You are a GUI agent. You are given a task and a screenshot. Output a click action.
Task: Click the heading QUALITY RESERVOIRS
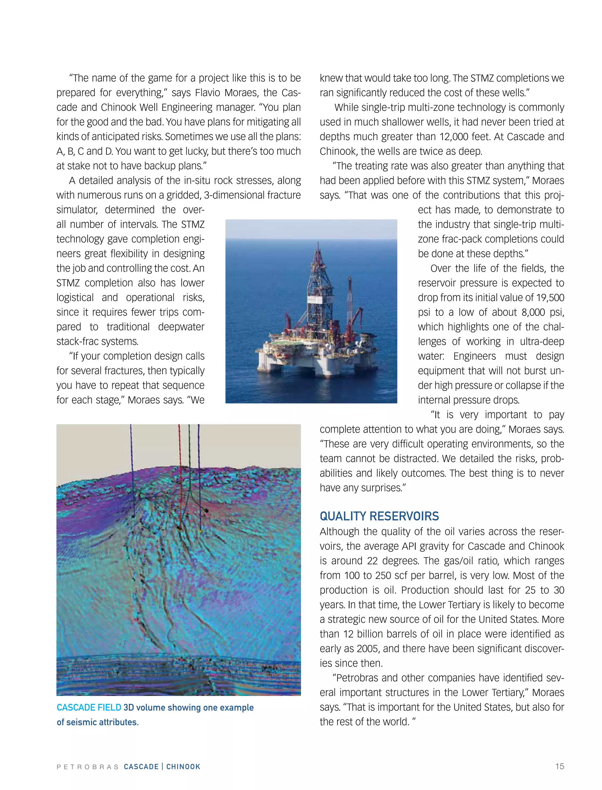point(379,516)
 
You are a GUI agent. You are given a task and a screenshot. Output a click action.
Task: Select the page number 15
point(559,766)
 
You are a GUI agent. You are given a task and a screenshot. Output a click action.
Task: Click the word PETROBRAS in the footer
point(87,767)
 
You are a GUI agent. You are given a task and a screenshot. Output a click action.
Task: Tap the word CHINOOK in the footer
point(183,767)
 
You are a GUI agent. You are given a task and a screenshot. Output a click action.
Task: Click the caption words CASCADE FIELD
point(89,708)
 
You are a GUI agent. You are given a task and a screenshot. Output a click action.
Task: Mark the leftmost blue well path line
point(131,466)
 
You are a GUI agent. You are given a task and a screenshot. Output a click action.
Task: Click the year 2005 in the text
point(368,648)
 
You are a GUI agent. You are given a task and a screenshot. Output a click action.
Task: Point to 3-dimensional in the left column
point(232,195)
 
